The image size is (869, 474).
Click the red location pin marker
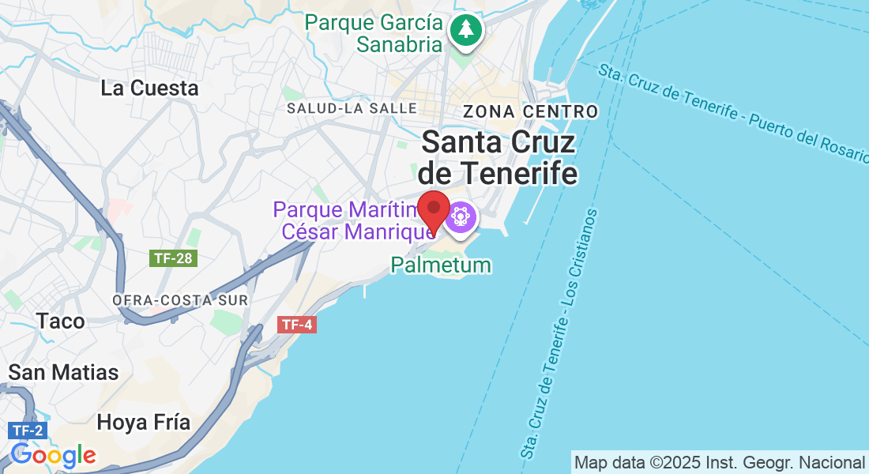point(433,209)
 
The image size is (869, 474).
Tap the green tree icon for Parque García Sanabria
point(466,31)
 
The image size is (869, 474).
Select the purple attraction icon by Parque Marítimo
point(461,216)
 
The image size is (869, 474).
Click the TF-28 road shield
point(172,258)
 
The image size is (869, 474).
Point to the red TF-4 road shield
point(298,324)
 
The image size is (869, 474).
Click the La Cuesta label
point(149,88)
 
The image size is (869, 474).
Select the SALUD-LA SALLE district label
point(352,108)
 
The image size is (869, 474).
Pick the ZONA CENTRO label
point(530,111)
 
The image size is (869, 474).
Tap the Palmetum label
point(441,265)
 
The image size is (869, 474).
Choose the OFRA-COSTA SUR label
point(180,301)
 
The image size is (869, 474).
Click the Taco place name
point(60,321)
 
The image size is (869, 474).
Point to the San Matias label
point(63,372)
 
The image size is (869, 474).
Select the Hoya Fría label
point(143,422)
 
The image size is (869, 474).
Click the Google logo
point(54,455)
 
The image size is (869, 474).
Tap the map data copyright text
point(719,462)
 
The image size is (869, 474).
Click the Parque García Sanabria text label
point(374,33)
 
